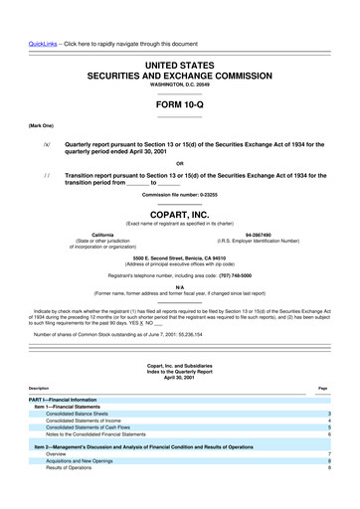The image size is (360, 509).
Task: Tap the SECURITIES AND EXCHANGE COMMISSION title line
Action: (179, 74)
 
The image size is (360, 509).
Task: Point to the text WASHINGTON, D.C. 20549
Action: (179, 85)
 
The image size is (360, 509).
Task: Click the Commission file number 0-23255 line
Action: (179, 195)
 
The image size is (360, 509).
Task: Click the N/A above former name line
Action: (179, 287)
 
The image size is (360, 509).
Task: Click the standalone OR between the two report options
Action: (179, 164)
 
